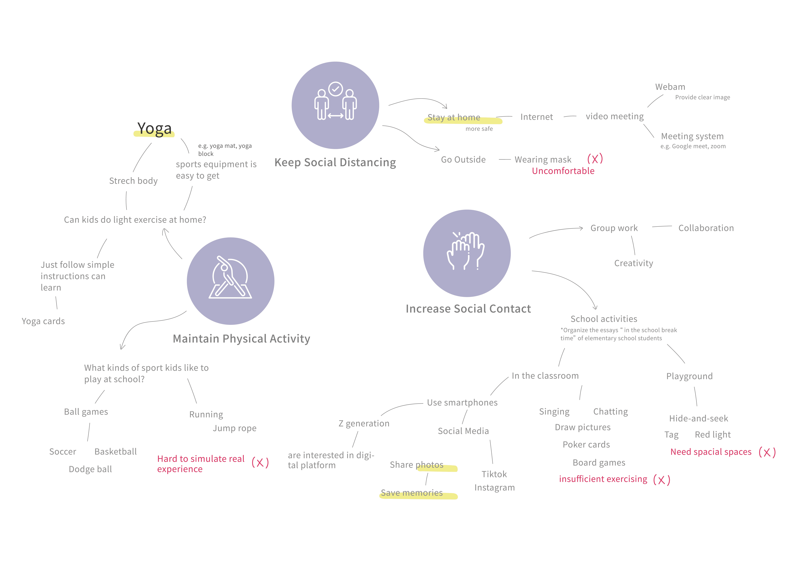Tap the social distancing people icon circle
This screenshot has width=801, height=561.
coord(335,105)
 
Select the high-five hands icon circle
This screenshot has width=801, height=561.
coord(467,253)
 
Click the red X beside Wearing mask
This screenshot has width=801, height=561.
coord(595,159)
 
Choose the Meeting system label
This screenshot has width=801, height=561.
coord(692,136)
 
